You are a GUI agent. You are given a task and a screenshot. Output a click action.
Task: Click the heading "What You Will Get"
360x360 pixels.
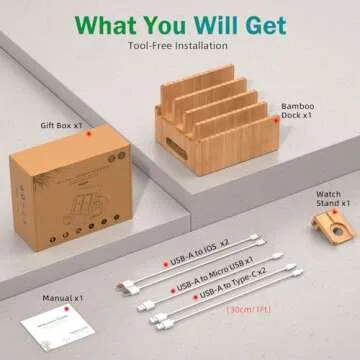point(180,22)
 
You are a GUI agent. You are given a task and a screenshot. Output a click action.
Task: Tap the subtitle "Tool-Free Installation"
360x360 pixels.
point(180,45)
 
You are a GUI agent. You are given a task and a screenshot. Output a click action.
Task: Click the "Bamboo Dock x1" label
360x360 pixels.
point(298,111)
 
